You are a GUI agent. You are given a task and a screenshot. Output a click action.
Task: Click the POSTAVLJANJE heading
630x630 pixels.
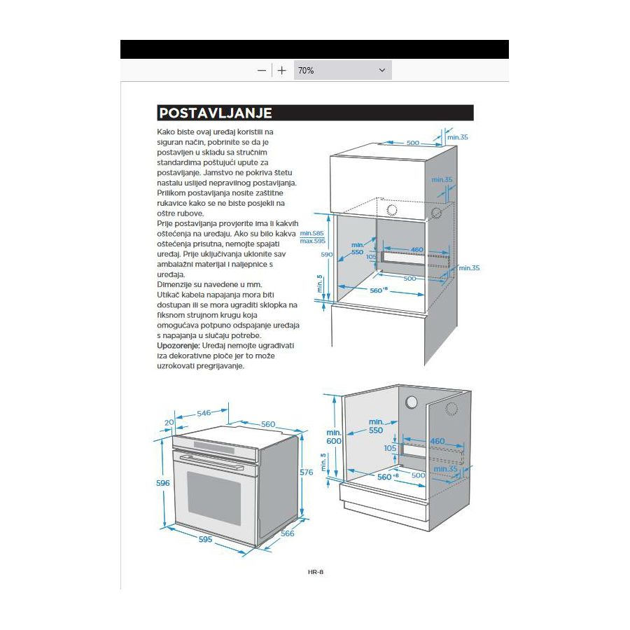pyautogui.click(x=215, y=113)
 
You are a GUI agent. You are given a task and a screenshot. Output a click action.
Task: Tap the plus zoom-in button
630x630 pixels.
pyautogui.click(x=281, y=71)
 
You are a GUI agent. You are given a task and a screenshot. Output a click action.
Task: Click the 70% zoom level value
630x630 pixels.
pyautogui.click(x=306, y=71)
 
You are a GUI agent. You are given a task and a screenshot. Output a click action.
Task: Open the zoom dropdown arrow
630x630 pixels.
pyautogui.click(x=382, y=71)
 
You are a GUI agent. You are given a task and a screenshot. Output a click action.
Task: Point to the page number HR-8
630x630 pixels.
pyautogui.click(x=316, y=572)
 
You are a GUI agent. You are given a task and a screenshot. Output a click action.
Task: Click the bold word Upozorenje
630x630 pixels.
pyautogui.click(x=178, y=346)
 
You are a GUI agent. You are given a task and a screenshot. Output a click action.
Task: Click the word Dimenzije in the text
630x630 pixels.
pyautogui.click(x=176, y=285)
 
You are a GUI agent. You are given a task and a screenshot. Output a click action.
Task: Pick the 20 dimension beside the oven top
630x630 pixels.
pyautogui.click(x=168, y=422)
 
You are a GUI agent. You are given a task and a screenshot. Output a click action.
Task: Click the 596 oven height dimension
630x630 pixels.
pyautogui.click(x=162, y=484)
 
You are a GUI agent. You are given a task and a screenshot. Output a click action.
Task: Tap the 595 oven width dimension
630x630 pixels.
pyautogui.click(x=205, y=539)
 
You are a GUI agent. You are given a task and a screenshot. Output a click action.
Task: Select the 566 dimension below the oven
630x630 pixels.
pyautogui.click(x=288, y=534)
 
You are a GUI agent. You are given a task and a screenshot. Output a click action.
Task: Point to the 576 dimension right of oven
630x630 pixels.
pyautogui.click(x=306, y=472)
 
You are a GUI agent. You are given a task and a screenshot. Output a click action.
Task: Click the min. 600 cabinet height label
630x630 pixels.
pyautogui.click(x=334, y=437)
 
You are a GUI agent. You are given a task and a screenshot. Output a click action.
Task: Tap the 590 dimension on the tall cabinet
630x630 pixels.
pyautogui.click(x=326, y=255)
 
